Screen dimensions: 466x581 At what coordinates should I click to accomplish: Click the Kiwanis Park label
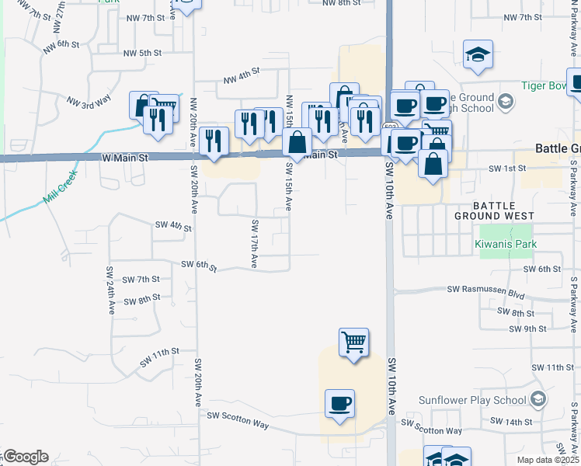coord(506,245)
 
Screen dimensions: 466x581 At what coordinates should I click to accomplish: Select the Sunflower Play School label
coord(474,401)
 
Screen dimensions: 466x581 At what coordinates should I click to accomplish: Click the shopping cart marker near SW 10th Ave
coord(353,342)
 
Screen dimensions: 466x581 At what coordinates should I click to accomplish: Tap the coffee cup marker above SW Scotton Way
coord(339,404)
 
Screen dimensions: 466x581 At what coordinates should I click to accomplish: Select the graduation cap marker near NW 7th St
coord(478,54)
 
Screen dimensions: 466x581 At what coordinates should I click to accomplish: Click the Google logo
coord(26,457)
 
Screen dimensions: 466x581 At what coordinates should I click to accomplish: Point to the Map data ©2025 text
coord(548,460)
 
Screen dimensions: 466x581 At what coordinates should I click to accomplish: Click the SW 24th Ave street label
coord(110,290)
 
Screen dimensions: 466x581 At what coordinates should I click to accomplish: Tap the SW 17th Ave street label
coord(254,245)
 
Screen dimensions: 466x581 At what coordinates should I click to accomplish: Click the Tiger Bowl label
coord(541,86)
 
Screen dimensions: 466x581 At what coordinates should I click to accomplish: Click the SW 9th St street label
coord(528,329)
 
